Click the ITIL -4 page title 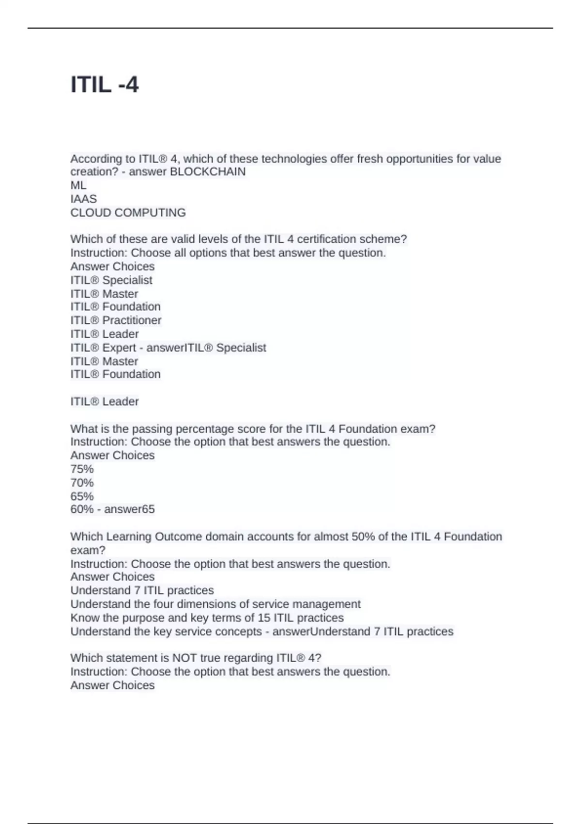click(105, 85)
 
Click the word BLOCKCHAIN click(208, 172)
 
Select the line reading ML click(78, 185)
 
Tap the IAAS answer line click(83, 199)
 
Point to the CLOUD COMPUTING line click(128, 212)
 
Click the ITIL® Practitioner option click(116, 320)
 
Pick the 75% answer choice click(82, 469)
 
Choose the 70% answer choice click(82, 483)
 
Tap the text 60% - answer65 click(112, 509)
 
